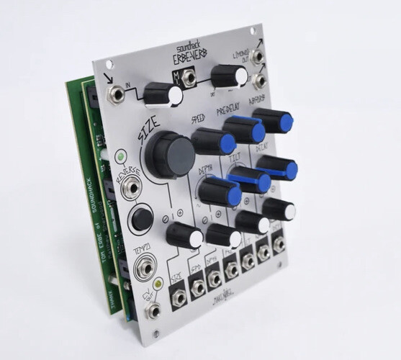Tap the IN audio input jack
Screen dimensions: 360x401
click(114, 94)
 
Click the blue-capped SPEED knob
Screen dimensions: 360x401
click(213, 140)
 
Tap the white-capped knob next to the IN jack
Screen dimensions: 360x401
click(162, 94)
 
